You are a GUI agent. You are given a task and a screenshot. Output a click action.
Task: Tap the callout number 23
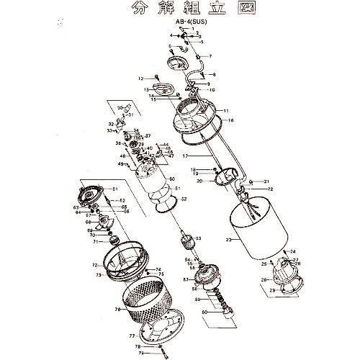click(x=228, y=240)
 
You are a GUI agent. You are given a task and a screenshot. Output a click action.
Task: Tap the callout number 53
click(x=199, y=238)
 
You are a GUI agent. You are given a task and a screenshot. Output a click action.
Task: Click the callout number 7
click(x=210, y=55)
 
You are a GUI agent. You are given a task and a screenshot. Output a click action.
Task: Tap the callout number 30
click(x=120, y=108)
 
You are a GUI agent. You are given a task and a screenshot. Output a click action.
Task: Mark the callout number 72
click(x=94, y=266)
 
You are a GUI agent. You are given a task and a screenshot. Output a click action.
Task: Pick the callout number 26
click(x=264, y=280)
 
